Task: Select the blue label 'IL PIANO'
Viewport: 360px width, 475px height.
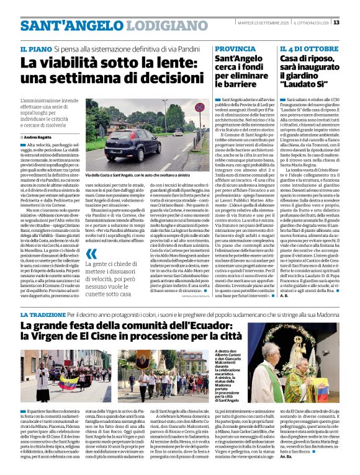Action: (x=35, y=48)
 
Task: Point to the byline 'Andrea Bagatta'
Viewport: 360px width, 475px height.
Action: (x=40, y=136)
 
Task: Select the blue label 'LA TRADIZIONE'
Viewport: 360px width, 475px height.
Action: (x=43, y=316)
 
